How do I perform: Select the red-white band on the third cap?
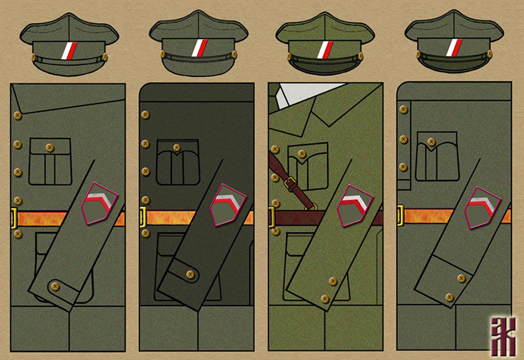coord(326,50)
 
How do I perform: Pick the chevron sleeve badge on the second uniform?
coord(227,206)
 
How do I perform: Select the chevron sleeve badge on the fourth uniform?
coord(483,207)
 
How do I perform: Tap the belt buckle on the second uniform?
coord(143,216)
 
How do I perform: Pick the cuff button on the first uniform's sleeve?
coord(56,287)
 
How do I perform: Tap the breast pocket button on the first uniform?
coord(49,147)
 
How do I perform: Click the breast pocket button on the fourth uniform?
coord(432,142)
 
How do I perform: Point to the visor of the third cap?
coord(326,66)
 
